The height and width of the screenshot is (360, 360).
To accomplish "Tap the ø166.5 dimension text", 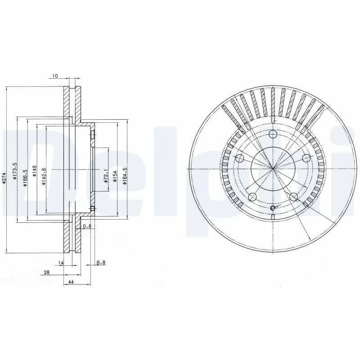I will [x=26, y=174].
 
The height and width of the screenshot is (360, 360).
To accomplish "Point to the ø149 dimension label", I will [x=35, y=171].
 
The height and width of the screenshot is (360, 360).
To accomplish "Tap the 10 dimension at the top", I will [x=55, y=76].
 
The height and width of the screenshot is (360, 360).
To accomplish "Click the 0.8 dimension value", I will [x=87, y=226].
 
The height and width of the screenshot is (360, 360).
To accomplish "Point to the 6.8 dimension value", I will [x=101, y=262].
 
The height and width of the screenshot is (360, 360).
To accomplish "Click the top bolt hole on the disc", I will [x=273, y=134].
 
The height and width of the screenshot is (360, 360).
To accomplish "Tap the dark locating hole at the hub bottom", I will [x=273, y=207].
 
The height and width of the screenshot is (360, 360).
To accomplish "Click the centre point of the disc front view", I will [x=273, y=169].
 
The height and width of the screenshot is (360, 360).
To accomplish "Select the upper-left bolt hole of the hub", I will [x=240, y=158].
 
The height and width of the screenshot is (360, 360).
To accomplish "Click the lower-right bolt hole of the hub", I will [x=293, y=197].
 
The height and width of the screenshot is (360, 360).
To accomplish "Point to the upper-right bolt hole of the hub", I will [x=306, y=158].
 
